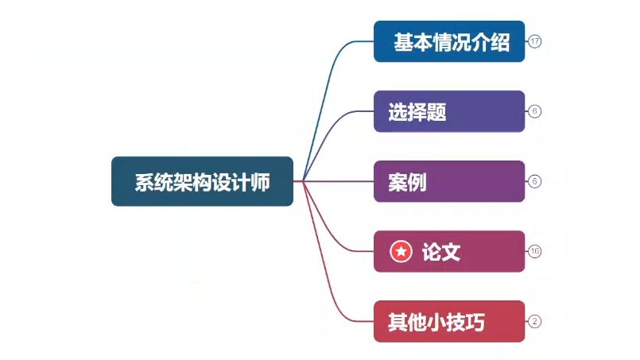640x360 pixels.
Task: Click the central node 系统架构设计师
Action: tap(202, 181)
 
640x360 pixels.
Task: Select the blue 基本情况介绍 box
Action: tap(449, 41)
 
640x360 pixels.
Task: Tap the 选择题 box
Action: tap(449, 111)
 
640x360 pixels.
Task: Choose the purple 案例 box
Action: tap(449, 181)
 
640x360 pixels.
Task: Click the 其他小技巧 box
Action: tap(449, 321)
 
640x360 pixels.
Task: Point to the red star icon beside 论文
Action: tap(401, 252)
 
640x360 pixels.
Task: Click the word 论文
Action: tap(441, 252)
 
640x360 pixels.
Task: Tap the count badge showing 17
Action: tap(535, 41)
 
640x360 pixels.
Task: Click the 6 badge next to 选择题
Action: tap(535, 111)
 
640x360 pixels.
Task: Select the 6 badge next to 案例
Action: tap(535, 181)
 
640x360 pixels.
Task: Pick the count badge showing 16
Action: tap(535, 251)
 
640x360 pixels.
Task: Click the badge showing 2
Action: tap(535, 321)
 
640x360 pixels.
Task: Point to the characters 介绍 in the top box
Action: tap(494, 42)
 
